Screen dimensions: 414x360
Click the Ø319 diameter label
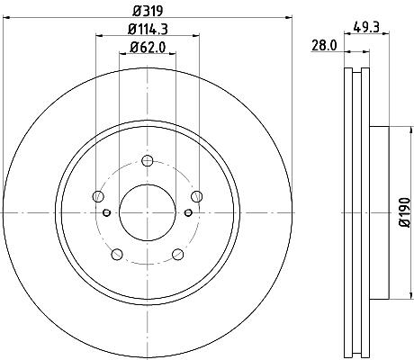tap(148, 11)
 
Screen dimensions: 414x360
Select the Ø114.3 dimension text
tap(148, 29)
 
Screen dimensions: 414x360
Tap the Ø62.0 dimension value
tap(148, 47)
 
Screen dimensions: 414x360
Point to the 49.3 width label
tap(366, 27)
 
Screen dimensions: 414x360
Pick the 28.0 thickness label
tap(324, 46)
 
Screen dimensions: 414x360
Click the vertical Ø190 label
tap(405, 212)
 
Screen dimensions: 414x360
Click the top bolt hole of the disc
tap(148, 161)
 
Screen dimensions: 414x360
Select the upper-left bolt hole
tap(98, 196)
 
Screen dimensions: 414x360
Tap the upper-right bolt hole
tap(196, 196)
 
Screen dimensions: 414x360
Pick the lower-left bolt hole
tap(117, 255)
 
